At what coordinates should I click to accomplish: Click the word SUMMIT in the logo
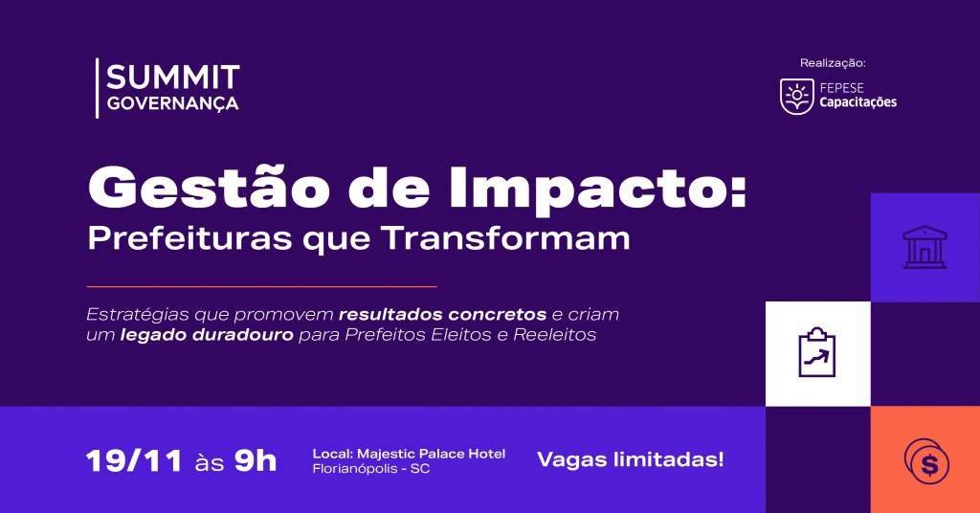coord(173,77)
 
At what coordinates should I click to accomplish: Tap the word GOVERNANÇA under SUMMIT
coord(172,103)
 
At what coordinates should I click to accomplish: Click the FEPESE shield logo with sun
coord(797,97)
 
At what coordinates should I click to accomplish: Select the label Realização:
coord(833,63)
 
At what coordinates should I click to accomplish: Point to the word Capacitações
coord(858,102)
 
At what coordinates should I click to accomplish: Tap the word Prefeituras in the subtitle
coord(190,238)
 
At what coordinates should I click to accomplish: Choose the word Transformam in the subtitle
coord(505,237)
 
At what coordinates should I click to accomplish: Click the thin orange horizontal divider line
coord(261,287)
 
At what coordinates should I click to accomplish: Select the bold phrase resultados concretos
coord(442,314)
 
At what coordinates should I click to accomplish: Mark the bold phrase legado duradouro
coord(207,336)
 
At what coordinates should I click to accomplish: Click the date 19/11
coord(134,461)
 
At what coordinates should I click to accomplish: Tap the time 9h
coord(256,461)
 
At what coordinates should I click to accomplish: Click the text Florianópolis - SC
coord(371,469)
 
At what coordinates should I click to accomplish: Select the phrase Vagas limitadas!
coord(631,460)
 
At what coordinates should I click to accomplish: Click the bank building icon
coord(925,248)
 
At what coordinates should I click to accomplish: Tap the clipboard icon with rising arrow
coord(817,353)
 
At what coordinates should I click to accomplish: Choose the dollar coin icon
coord(926,461)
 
